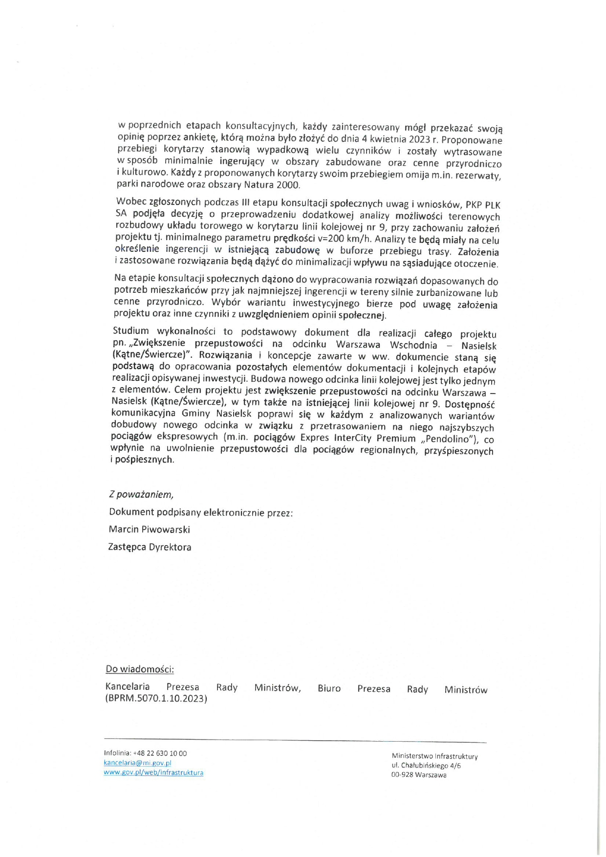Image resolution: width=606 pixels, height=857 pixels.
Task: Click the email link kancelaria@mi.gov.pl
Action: [137, 763]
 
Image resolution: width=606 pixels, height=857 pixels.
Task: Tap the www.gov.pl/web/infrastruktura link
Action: [153, 772]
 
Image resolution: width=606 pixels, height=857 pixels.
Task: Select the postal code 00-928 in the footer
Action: [402, 775]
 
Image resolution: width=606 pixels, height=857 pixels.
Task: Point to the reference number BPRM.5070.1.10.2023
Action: [156, 699]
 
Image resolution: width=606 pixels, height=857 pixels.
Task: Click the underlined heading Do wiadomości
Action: [140, 669]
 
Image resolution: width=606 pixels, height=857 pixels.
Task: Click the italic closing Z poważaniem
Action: [141, 494]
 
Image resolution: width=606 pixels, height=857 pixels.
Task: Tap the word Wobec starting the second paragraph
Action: [130, 201]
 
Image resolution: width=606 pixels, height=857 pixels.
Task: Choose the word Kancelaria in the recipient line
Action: [128, 686]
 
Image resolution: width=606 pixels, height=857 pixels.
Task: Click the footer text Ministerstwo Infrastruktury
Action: [434, 756]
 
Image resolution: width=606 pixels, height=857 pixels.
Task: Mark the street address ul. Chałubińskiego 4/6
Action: [426, 766]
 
